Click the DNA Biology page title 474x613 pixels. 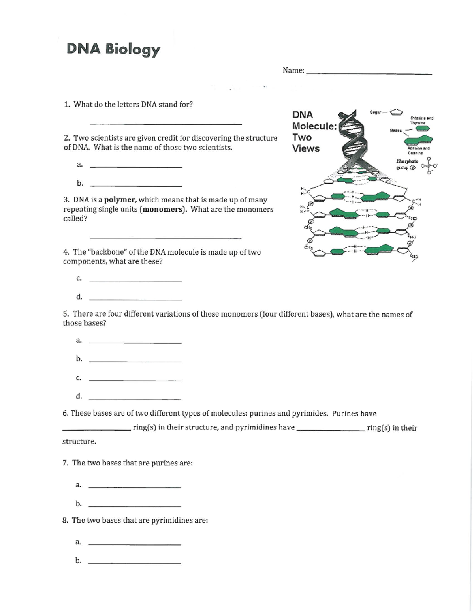(x=113, y=49)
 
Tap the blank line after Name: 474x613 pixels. (x=369, y=73)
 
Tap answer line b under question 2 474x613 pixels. (x=136, y=186)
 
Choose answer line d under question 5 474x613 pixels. (x=135, y=398)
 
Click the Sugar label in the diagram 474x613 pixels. (x=376, y=112)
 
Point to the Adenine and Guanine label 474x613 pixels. (x=418, y=150)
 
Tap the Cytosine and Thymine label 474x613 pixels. (x=421, y=120)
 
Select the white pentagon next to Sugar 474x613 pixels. (x=396, y=112)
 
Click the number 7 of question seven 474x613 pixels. (x=65, y=463)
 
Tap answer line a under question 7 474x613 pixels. (x=135, y=487)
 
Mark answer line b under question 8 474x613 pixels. (x=134, y=563)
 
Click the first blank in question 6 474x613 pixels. (x=96, y=430)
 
